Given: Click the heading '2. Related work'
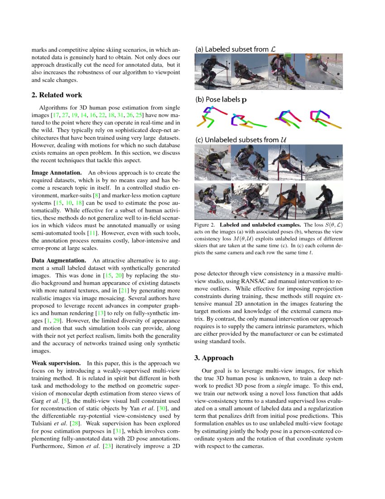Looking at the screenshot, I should coord(57,95).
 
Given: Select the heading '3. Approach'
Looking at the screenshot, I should coord(214,357).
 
